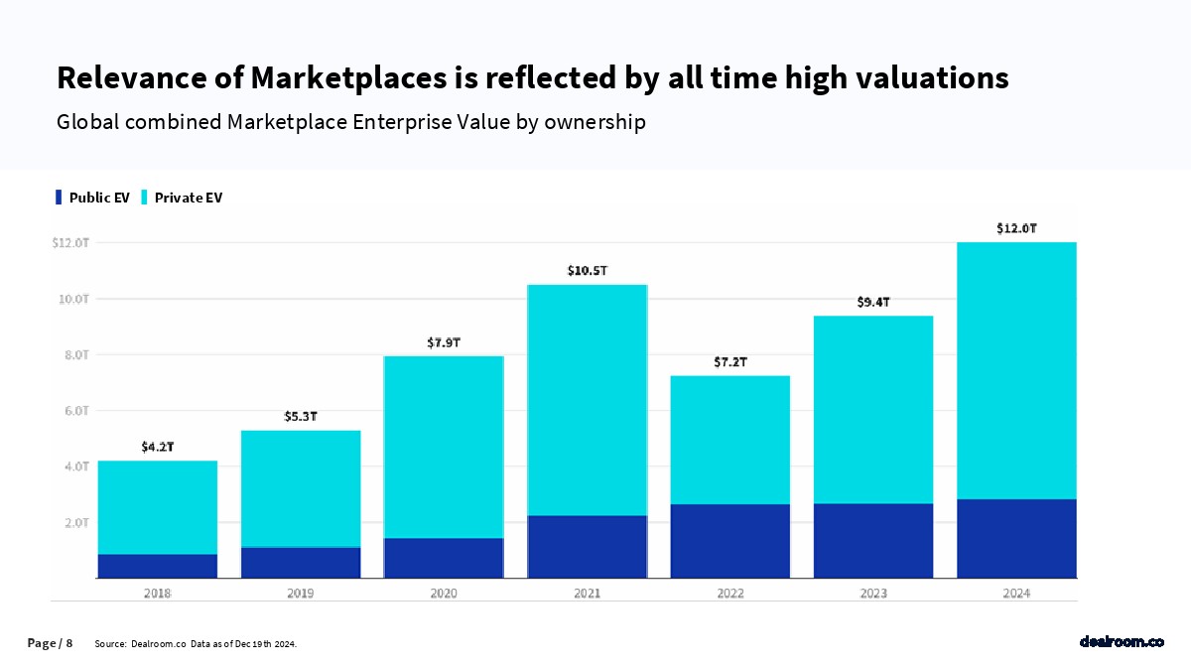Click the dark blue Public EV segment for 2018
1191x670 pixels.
(x=157, y=566)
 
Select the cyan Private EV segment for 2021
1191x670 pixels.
(x=588, y=400)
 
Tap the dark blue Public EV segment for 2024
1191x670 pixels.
(x=1016, y=538)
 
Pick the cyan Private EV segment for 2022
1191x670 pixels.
(x=730, y=440)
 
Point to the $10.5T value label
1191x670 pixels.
(x=588, y=270)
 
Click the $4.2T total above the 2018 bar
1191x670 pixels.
(x=158, y=447)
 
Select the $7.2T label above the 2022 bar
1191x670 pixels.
(x=730, y=362)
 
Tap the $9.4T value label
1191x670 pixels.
(x=873, y=302)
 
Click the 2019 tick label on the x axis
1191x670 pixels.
(x=301, y=594)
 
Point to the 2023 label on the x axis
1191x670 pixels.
(x=873, y=594)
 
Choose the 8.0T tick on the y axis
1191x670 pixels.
(x=75, y=354)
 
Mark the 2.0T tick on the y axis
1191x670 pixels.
(x=75, y=522)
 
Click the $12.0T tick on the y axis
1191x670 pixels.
(x=70, y=242)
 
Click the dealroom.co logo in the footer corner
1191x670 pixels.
(x=1122, y=642)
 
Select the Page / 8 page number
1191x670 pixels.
(x=50, y=643)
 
